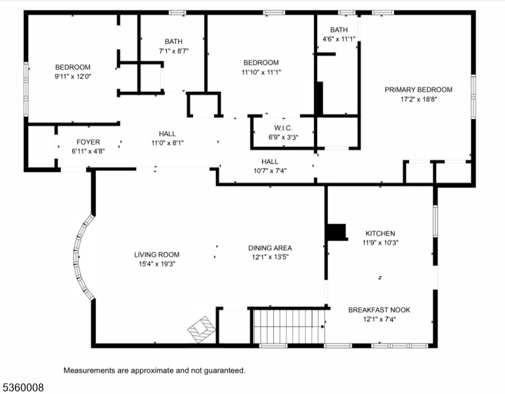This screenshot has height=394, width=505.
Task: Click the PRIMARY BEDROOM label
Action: (x=418, y=89)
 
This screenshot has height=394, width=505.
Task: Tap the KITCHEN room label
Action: (x=380, y=233)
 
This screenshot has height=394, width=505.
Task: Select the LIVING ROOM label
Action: (x=157, y=255)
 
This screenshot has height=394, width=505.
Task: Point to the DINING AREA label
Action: (x=270, y=248)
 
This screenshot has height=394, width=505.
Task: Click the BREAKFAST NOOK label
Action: (x=379, y=310)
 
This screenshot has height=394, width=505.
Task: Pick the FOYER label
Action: (x=88, y=142)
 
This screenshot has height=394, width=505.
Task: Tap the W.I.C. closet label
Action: (x=284, y=128)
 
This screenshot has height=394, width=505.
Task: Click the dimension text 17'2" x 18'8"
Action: (x=418, y=99)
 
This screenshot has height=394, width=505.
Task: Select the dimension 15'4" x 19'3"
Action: (x=157, y=264)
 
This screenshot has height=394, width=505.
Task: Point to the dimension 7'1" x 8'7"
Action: (x=173, y=51)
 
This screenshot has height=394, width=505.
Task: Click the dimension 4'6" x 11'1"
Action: (x=339, y=39)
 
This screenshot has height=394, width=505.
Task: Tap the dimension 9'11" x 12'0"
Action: (x=73, y=77)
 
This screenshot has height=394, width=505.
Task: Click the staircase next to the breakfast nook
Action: (x=289, y=326)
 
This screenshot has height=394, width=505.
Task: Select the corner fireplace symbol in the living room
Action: (x=202, y=330)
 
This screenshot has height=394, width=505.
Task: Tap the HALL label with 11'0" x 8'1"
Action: (x=167, y=134)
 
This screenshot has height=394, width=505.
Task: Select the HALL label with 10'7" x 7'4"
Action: (x=270, y=162)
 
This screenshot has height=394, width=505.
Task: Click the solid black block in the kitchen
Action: (x=337, y=232)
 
